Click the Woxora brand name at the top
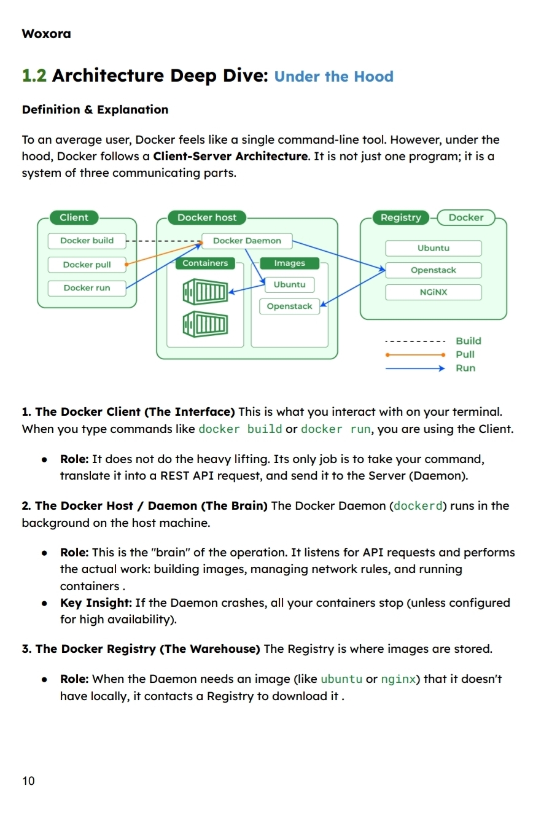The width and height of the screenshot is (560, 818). [46, 34]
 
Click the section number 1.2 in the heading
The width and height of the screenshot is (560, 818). [34, 76]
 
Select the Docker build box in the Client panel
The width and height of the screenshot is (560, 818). [87, 241]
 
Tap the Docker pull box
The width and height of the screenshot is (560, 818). [87, 265]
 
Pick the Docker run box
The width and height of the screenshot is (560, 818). [87, 287]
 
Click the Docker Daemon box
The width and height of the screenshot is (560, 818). [247, 241]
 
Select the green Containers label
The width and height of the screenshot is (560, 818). [205, 263]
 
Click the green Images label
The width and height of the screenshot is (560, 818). [289, 263]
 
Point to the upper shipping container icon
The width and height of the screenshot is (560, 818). [205, 291]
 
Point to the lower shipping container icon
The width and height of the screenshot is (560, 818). [205, 324]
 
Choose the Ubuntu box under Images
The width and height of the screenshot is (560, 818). [289, 285]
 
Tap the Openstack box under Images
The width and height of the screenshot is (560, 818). [289, 306]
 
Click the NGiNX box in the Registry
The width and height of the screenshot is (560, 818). [433, 292]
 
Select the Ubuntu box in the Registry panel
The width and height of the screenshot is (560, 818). [433, 248]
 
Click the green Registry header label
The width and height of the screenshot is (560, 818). [400, 217]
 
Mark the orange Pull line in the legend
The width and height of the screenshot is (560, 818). [414, 354]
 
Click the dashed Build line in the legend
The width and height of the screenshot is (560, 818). [414, 341]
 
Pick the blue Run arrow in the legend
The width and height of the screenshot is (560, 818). [414, 368]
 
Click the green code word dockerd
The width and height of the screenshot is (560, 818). [418, 506]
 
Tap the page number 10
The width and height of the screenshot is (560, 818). [28, 781]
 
